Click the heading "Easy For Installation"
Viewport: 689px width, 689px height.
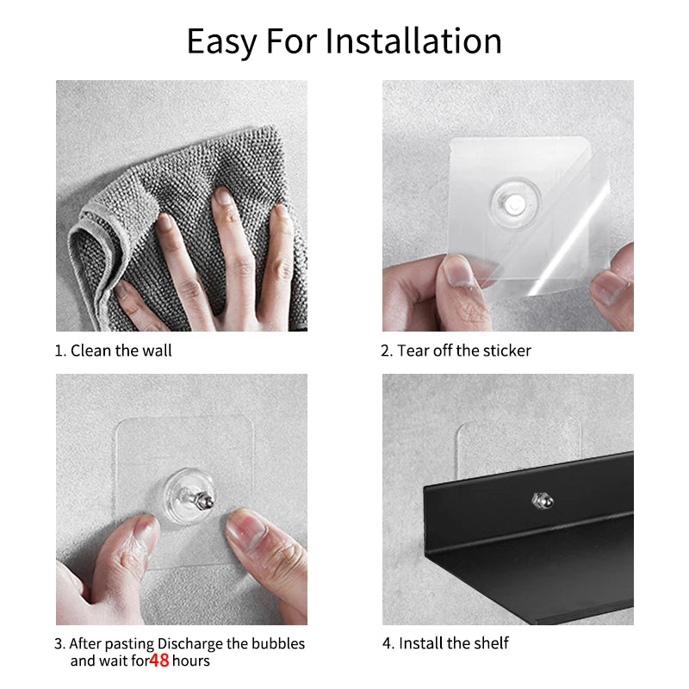[344, 41]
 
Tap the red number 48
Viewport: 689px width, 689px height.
[158, 661]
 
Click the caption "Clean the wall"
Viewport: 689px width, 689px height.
[121, 351]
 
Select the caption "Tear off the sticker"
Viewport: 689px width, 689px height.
[463, 351]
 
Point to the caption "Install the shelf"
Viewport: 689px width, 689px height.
[452, 643]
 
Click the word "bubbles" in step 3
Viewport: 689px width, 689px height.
[277, 643]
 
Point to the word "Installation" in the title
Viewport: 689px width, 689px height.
[414, 41]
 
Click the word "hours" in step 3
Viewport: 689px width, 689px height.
[190, 661]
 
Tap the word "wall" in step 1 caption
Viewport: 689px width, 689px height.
[158, 351]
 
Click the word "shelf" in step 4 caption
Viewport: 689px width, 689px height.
[491, 643]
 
